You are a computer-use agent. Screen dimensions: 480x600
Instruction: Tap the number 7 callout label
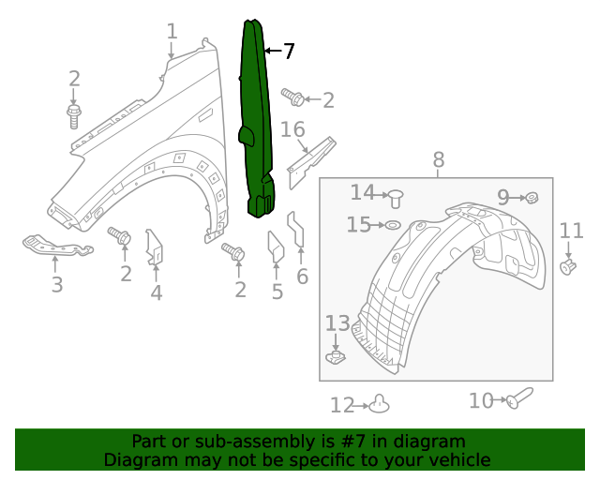point(289,52)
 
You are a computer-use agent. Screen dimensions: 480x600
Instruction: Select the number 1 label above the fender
point(172,32)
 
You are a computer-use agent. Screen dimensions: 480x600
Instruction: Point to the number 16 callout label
point(292,129)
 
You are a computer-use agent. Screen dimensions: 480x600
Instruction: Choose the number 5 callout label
point(277,292)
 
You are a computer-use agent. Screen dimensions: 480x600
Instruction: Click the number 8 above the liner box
point(438,161)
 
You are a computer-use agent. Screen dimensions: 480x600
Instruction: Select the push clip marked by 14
point(396,197)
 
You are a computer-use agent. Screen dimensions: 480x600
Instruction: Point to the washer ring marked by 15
point(393,225)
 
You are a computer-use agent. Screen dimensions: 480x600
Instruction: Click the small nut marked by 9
point(532,197)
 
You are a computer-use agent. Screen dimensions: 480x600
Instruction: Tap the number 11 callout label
point(571,231)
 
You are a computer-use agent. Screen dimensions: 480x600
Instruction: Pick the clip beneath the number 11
point(568,268)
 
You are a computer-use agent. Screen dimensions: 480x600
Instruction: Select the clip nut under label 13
point(334,357)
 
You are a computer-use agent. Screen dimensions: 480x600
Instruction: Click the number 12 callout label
point(342,405)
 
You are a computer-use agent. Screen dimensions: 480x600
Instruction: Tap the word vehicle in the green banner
point(457,460)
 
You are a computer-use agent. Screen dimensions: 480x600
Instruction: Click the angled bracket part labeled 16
point(312,157)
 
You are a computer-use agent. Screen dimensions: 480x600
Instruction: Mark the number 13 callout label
point(337,323)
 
